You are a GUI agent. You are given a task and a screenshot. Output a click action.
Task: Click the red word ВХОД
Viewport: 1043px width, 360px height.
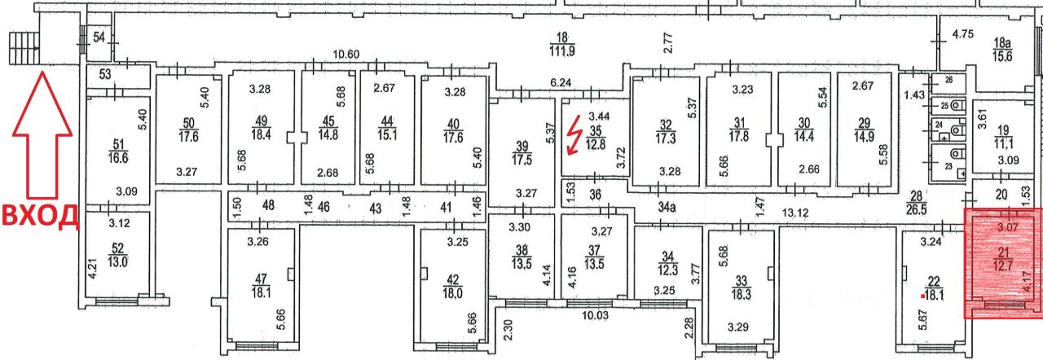[x=39, y=216]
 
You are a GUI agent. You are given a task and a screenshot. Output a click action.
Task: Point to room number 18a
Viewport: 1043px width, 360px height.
[x=1001, y=41]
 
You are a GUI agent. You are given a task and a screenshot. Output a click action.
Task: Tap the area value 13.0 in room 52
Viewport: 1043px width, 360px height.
[x=119, y=263]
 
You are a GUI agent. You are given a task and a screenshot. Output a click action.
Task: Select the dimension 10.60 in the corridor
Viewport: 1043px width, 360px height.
[x=346, y=55]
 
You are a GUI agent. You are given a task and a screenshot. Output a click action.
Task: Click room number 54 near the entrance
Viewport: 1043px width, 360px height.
[x=99, y=37]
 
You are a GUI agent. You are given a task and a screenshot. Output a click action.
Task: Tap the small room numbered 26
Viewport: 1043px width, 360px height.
[x=948, y=80]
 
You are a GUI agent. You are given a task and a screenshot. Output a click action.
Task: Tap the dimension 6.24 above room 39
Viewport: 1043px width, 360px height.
[x=560, y=83]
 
